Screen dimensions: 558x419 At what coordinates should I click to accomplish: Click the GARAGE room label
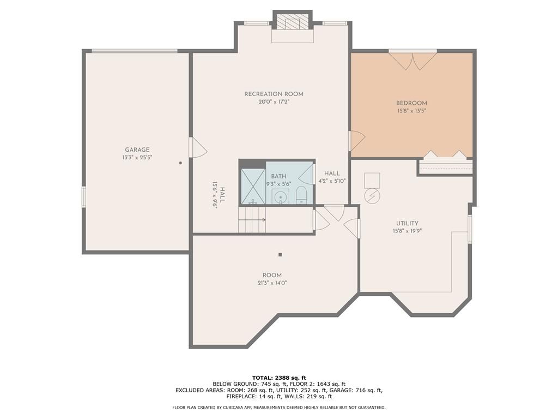point(137,150)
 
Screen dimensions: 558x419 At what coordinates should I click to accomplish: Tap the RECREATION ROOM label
point(274,94)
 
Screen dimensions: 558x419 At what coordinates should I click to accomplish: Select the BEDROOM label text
point(412,103)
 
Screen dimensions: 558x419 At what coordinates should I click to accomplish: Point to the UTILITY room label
point(407,223)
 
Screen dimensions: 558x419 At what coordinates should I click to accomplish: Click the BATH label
point(278,176)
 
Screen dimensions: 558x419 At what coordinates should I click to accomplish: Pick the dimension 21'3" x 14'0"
point(272,283)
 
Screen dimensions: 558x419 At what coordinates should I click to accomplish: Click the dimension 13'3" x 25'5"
point(137,158)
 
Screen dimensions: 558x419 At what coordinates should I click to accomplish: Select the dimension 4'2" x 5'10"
point(332,181)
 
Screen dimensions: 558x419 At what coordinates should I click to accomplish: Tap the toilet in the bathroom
point(301,195)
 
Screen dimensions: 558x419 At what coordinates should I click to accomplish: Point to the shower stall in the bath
point(253,187)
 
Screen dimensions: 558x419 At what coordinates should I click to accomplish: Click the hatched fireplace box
point(293,22)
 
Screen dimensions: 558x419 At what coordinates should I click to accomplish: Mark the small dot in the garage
point(180,163)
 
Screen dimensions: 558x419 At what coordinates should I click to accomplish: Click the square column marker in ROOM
point(281,255)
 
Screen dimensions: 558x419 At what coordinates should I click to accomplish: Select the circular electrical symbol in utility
point(372,196)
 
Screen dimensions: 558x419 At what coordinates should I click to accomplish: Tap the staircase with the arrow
point(252,220)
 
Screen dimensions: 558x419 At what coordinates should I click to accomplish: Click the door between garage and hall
point(197,147)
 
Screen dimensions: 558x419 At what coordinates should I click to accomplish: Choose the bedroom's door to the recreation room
point(357,141)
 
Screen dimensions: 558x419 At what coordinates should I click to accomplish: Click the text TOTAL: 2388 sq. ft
point(279,378)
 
